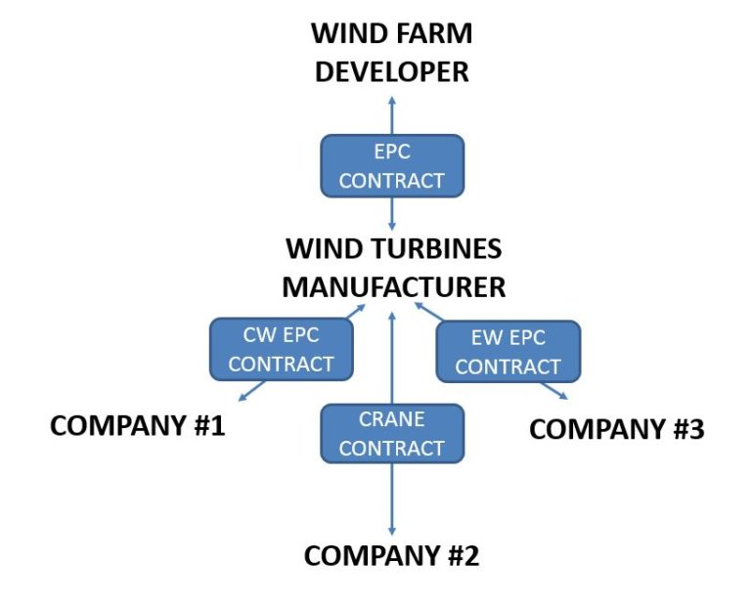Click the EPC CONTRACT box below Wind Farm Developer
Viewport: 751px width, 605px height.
coord(391,166)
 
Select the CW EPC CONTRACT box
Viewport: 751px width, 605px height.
coord(282,350)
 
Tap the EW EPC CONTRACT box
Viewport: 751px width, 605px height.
coord(508,353)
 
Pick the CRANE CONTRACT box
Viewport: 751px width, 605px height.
coord(391,434)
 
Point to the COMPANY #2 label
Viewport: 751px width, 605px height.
coord(391,556)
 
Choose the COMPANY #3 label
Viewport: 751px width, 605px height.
coord(616,429)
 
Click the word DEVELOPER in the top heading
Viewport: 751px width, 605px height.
coord(391,71)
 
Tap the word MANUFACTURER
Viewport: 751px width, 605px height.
coord(393,287)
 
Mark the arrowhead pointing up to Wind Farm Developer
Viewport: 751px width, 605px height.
coord(392,101)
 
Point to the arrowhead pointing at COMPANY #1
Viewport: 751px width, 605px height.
coord(242,397)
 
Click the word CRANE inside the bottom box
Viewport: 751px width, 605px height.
coord(391,419)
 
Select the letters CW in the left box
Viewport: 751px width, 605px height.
coord(256,335)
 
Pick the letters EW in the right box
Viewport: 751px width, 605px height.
coord(482,338)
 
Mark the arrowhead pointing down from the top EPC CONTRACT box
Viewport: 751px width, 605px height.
coord(392,227)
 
